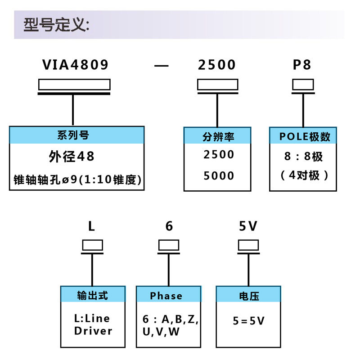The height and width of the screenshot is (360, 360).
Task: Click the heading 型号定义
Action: click(x=57, y=24)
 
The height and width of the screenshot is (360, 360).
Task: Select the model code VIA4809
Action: click(x=76, y=65)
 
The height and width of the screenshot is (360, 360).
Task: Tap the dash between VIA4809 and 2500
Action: click(x=161, y=66)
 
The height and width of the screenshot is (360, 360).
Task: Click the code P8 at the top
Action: click(x=302, y=65)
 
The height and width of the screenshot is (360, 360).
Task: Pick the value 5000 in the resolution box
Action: click(x=219, y=175)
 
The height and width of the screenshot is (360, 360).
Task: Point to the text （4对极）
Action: click(x=305, y=175)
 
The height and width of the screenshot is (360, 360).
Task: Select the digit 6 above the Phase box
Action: click(x=169, y=226)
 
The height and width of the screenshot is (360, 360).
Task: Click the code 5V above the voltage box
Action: click(x=248, y=226)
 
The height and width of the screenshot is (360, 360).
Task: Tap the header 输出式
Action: click(x=93, y=295)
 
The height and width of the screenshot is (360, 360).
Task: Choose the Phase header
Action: click(x=166, y=296)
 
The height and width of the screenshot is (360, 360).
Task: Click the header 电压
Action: click(x=249, y=296)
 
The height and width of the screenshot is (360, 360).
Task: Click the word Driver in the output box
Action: click(x=93, y=331)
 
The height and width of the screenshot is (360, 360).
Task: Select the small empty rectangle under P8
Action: click(x=303, y=84)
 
